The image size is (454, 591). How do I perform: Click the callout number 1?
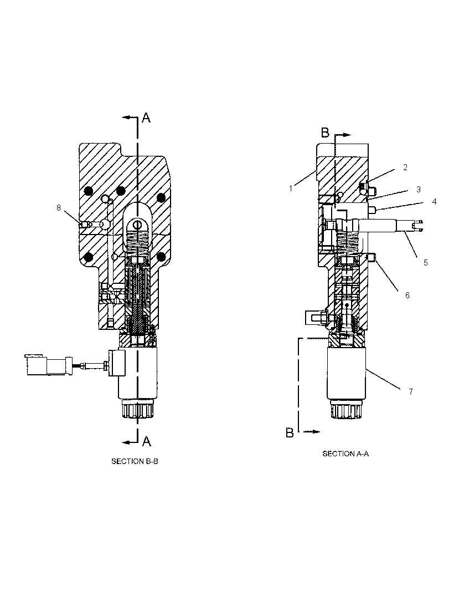point(291,188)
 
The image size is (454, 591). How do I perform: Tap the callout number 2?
point(405,167)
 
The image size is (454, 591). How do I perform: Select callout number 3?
point(418,190)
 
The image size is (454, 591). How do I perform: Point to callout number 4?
point(434,202)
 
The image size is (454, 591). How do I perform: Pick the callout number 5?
point(426,263)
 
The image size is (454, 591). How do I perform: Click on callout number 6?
point(407,295)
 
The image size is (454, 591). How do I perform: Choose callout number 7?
point(411,392)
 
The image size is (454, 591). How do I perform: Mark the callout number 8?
point(58,208)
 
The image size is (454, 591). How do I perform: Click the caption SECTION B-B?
point(135,461)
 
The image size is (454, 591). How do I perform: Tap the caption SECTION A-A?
point(345,454)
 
